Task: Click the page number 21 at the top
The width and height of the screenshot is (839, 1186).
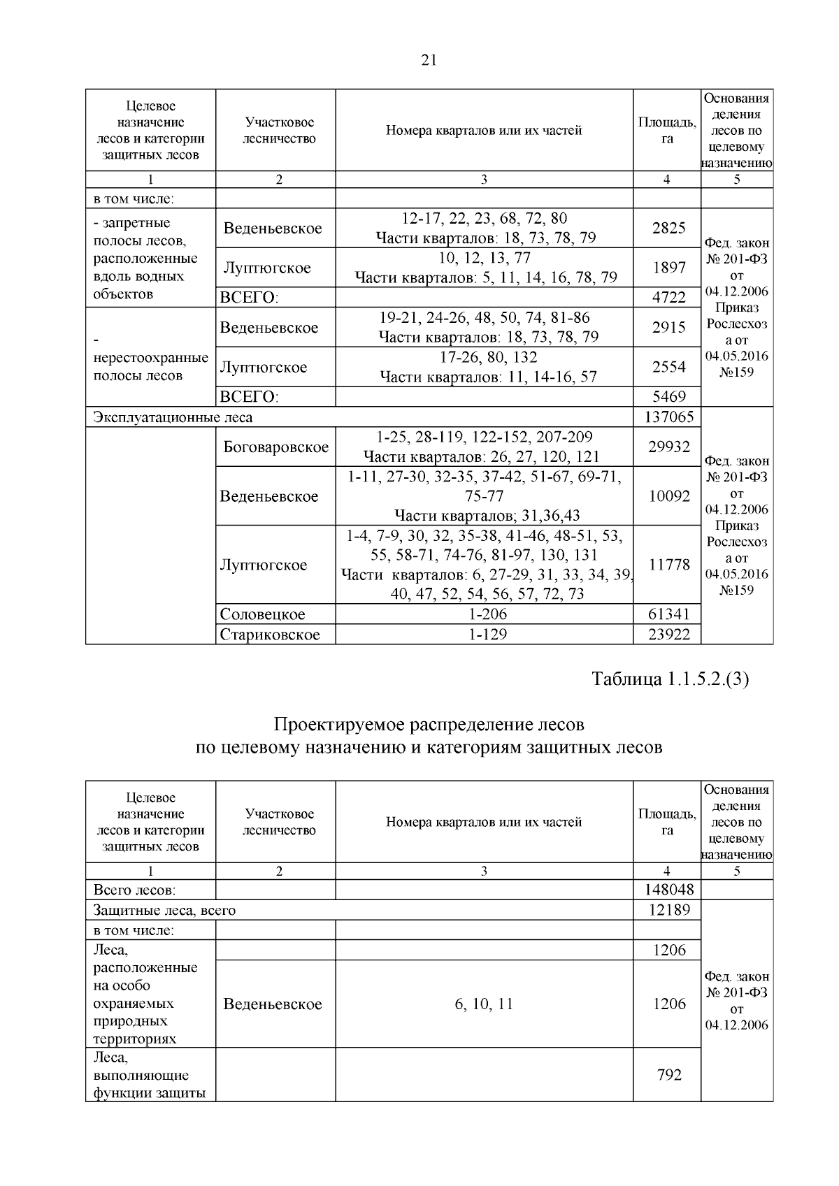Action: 429,61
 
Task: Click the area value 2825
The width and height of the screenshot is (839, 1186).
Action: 668,228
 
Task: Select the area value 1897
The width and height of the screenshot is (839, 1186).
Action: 668,268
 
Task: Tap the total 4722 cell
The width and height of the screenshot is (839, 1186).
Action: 668,298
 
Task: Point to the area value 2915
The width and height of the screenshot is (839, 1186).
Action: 668,327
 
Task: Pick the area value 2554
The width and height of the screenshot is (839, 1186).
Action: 668,367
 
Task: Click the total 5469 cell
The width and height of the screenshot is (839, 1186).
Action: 668,397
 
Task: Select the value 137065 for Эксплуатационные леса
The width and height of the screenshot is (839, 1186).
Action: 668,417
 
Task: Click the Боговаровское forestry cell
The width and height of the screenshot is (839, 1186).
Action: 275,447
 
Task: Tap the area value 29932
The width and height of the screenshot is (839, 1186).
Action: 668,447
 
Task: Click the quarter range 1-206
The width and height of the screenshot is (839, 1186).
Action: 484,614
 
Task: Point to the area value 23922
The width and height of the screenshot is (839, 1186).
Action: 668,635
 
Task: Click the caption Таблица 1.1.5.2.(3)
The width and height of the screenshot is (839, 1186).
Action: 670,679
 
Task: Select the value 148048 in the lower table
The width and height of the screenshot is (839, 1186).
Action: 668,890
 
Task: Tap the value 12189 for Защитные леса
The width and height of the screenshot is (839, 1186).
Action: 668,910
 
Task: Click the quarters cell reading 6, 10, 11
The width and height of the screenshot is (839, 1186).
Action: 484,1004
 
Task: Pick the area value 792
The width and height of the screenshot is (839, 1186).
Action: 668,1075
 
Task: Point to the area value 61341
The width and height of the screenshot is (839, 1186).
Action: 668,614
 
